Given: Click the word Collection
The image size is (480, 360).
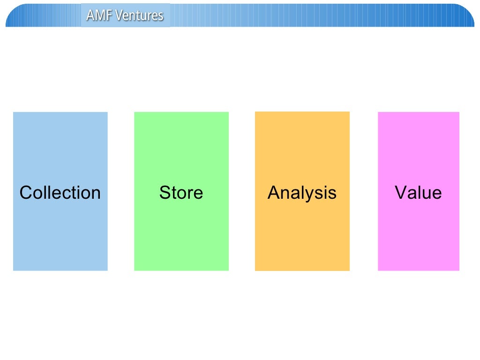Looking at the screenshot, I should tap(60, 193).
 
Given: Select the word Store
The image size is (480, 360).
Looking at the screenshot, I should tap(181, 193).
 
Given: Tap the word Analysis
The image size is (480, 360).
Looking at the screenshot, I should tap(302, 193).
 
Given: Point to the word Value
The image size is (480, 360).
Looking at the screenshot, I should tap(418, 193).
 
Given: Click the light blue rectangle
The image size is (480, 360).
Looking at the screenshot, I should tap(60, 141).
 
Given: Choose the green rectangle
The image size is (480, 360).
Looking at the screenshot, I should tap(181, 141).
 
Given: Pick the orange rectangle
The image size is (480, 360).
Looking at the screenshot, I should tap(302, 141).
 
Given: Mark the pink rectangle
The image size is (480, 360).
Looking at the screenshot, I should tap(419, 141).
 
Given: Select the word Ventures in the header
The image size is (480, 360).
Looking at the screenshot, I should tap(139, 15).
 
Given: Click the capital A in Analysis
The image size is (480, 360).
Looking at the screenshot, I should tap(274, 193).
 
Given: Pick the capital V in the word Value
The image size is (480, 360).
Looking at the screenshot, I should tap(401, 193).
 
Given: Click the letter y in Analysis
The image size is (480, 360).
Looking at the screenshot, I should tap(311, 195).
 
